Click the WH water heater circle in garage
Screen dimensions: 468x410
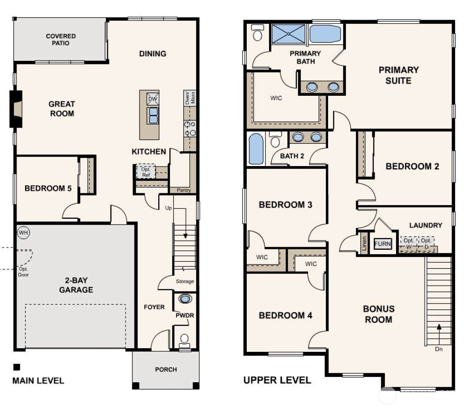click(24, 232)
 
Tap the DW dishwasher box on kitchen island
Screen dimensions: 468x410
click(152, 99)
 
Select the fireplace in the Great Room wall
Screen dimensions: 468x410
click(16, 109)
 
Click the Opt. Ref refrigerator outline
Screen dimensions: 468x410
click(146, 171)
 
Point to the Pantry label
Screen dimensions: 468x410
click(184, 190)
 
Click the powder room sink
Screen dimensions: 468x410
click(185, 299)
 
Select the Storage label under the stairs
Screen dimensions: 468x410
click(185, 281)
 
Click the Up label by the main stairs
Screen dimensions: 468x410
click(169, 208)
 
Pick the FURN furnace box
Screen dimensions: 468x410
click(382, 244)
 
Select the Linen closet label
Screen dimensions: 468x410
click(364, 243)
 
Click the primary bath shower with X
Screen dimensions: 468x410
click(289, 34)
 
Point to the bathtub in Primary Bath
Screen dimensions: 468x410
click(325, 34)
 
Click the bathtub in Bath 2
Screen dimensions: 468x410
click(256, 149)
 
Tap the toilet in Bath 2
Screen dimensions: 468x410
click(275, 139)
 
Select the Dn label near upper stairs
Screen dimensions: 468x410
click(438, 349)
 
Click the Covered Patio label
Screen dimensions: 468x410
click(61, 39)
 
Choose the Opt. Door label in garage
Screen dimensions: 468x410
click(23, 272)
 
